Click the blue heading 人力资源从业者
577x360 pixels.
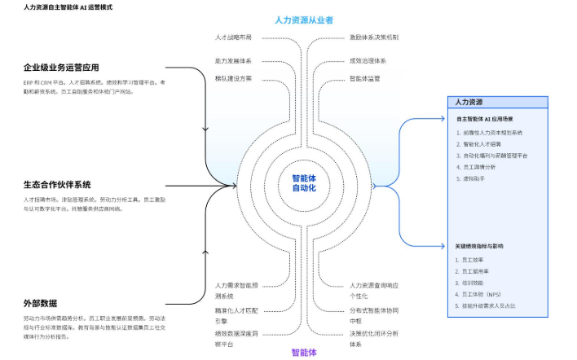click(304, 19)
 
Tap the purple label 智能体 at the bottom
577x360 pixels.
click(304, 353)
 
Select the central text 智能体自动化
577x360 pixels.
click(304, 183)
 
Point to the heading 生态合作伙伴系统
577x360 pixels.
click(57, 185)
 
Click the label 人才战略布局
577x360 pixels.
click(233, 37)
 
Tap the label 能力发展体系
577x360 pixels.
click(233, 60)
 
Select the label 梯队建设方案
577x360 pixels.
click(233, 79)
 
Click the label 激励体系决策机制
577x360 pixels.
click(374, 37)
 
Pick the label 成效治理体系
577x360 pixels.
click(368, 60)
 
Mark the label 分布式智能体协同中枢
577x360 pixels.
click(374, 314)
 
